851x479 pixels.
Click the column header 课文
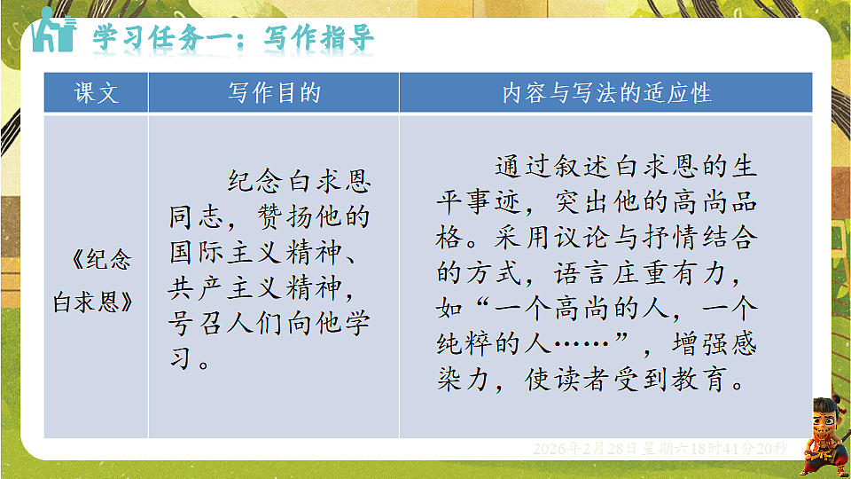[x=96, y=92]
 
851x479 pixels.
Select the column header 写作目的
[x=273, y=92]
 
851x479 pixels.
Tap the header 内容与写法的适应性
[x=606, y=92]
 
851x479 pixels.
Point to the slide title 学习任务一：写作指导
[x=234, y=39]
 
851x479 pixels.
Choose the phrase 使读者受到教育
[x=625, y=381]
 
